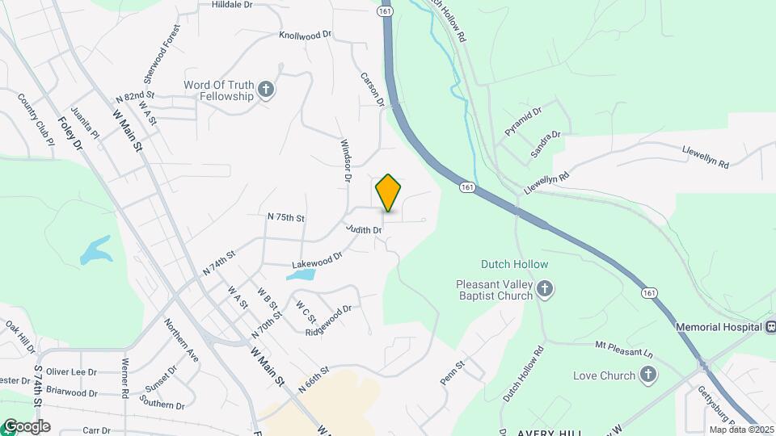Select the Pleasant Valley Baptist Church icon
click(x=546, y=290)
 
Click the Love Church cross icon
click(x=647, y=375)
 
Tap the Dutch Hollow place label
click(x=514, y=264)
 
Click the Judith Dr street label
click(x=363, y=230)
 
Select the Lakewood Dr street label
click(x=318, y=259)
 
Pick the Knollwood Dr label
click(x=305, y=36)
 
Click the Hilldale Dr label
click(x=232, y=5)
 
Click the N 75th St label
click(x=285, y=218)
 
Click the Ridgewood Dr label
click(x=328, y=321)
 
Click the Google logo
click(x=26, y=426)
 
